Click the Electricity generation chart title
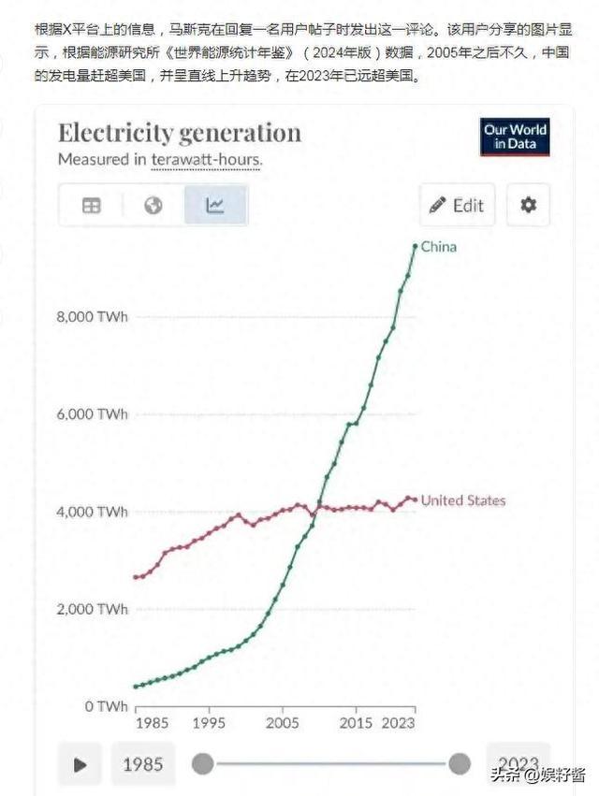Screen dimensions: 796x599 [x=180, y=133]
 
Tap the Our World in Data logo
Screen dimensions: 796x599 [x=515, y=137]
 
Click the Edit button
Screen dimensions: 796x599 [x=457, y=205]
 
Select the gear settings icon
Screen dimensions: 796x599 [x=528, y=205]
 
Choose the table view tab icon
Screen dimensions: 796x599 [x=91, y=205]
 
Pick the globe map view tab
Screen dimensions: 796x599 [x=153, y=205]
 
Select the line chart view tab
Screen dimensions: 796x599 [x=215, y=205]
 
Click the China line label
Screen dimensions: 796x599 [x=439, y=247]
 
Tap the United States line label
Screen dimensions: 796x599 [x=462, y=500]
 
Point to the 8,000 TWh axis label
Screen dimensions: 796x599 [x=93, y=316]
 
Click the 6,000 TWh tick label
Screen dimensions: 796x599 [x=93, y=413]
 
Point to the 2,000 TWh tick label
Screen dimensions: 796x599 [x=93, y=609]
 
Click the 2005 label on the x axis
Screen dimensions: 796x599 [x=282, y=724]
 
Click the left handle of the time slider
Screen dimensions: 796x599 [x=202, y=764]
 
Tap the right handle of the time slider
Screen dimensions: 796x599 [x=460, y=764]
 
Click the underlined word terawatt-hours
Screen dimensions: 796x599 [x=206, y=159]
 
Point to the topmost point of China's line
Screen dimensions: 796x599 [x=416, y=246]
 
